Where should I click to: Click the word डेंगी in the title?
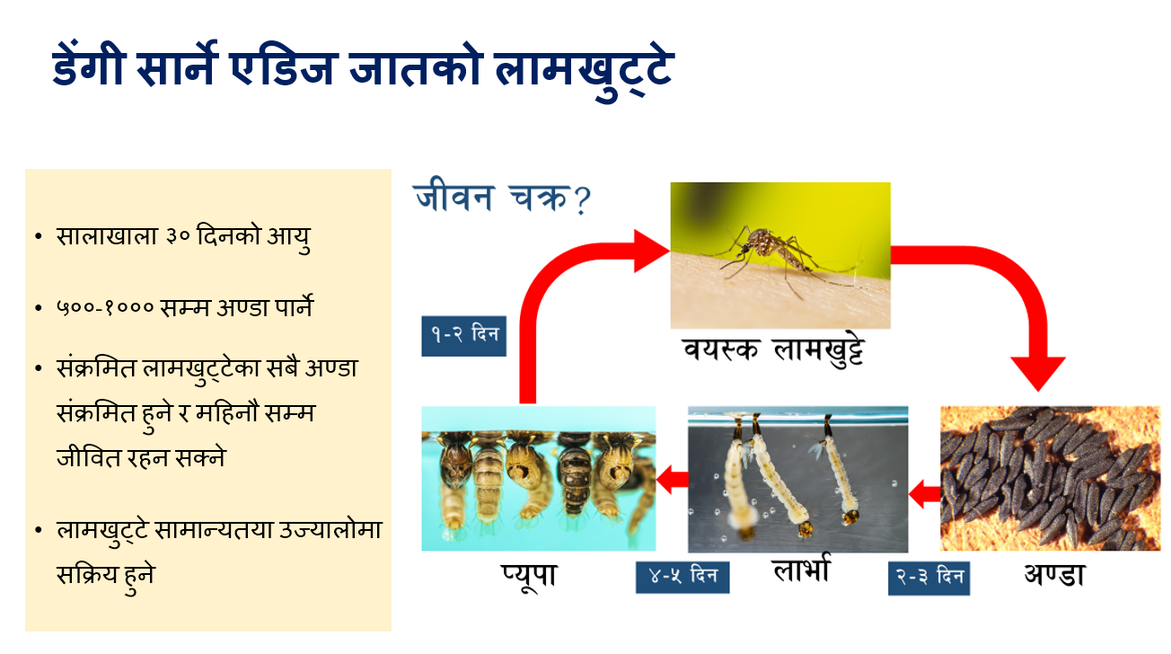(90, 66)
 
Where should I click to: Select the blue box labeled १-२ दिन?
(463, 336)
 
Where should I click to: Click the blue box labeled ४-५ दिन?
(682, 577)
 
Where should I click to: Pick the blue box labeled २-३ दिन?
(929, 579)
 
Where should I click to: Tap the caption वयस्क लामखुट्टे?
(774, 350)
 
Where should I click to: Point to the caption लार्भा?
(801, 569)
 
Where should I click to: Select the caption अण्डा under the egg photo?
(1054, 575)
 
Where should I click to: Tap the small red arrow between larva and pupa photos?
(672, 480)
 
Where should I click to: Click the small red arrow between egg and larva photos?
(924, 493)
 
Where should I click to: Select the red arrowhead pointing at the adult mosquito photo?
(651, 251)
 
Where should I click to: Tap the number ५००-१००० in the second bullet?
(105, 307)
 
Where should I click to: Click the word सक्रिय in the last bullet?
(87, 575)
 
